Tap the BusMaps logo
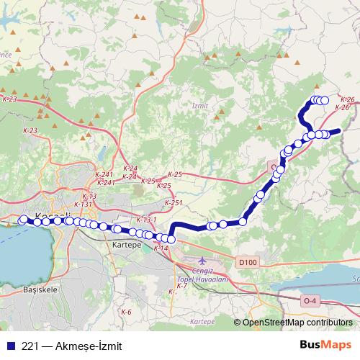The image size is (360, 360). tap(325, 345)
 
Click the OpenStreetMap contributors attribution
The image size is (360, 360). tap(297, 323)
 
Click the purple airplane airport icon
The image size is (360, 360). tap(201, 258)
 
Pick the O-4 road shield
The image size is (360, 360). tap(310, 300)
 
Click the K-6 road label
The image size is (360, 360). tap(126, 312)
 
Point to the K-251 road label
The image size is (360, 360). tap(174, 203)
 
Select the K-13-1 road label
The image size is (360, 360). tap(145, 219)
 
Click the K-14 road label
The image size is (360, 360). tap(161, 248)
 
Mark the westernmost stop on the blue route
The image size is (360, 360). tap(24, 220)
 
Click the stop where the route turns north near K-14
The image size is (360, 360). tap(171, 239)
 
